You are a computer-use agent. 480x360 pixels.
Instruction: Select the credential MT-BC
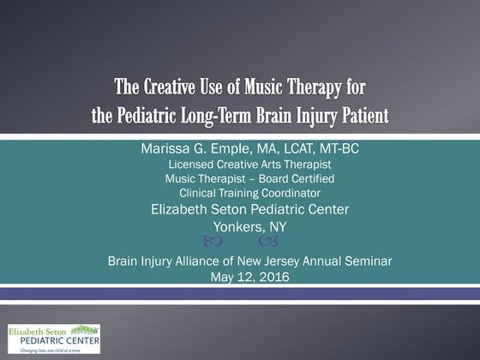pos(335,149)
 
